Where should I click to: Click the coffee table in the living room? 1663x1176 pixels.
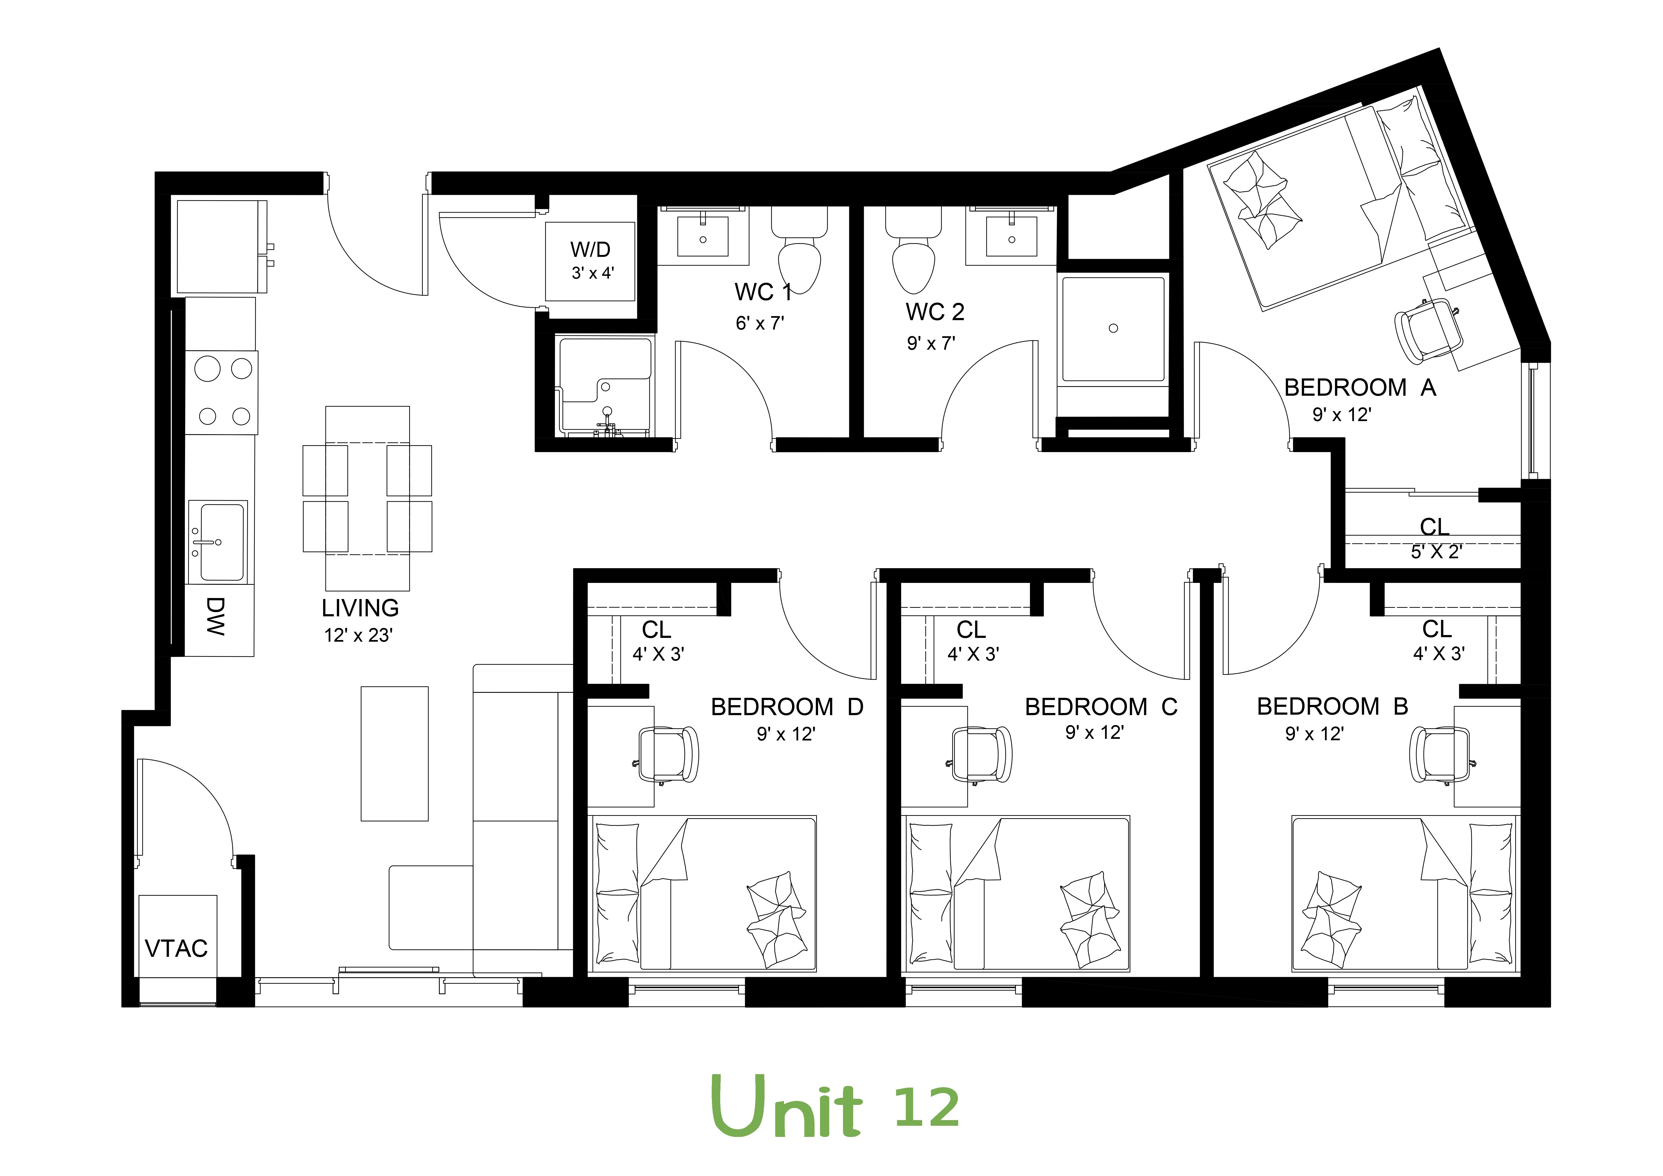[395, 753]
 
